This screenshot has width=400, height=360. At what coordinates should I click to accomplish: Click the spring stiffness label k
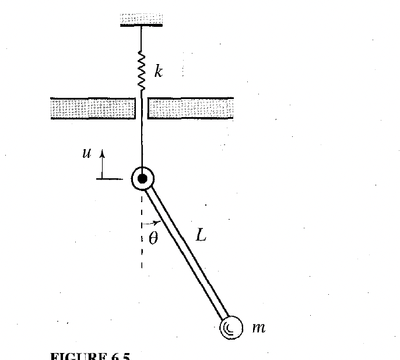[157, 72]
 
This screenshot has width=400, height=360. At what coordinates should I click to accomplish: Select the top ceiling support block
[142, 19]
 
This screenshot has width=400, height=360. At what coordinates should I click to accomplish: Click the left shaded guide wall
[93, 109]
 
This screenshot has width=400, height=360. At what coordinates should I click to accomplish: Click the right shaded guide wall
[191, 109]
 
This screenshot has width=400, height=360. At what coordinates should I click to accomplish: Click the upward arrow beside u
[101, 163]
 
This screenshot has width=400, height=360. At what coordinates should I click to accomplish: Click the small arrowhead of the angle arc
[157, 222]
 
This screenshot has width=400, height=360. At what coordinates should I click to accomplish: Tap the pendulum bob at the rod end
[229, 327]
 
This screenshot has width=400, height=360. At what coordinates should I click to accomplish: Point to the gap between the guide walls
[142, 109]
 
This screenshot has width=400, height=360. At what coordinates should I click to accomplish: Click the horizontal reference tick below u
[108, 179]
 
